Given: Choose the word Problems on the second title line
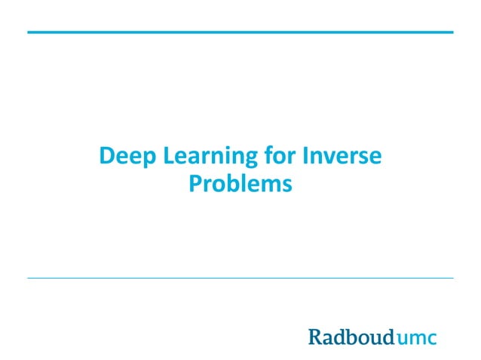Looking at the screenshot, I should pos(240,183).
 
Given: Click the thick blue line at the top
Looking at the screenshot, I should pos(240,32).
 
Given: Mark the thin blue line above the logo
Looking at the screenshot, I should pos(240,278).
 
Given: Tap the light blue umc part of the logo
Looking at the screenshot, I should pos(415,337).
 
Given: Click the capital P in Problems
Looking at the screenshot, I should pos(195,182).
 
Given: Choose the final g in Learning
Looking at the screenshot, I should pos(248,160).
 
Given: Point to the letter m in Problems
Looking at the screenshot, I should pos(267,185).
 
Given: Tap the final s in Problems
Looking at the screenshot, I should pos(286,185).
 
